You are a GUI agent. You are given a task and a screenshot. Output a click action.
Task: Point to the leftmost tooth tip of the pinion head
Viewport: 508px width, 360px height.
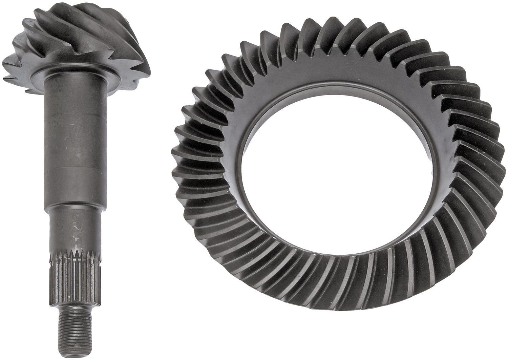pos(5,63)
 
